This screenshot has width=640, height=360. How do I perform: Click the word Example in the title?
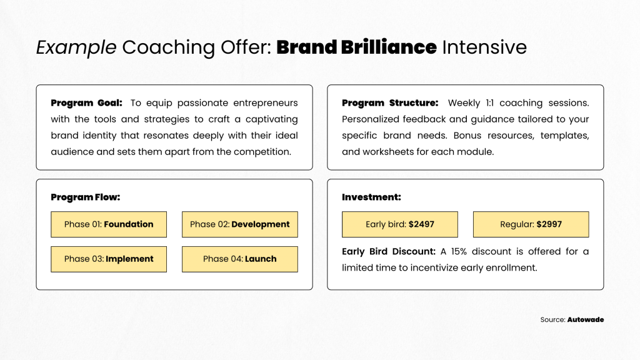click(x=76, y=47)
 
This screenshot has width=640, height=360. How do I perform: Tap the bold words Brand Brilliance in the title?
click(x=356, y=47)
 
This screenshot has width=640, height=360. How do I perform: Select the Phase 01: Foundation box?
click(x=109, y=224)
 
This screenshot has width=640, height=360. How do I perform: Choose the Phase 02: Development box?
click(x=239, y=224)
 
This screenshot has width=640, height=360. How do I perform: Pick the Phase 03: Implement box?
click(x=109, y=259)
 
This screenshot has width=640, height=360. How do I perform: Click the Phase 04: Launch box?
click(x=239, y=259)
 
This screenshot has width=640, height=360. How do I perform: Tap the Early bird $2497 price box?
click(x=399, y=224)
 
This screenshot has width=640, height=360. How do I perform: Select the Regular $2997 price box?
click(x=531, y=224)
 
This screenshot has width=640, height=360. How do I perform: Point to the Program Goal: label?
click(x=86, y=103)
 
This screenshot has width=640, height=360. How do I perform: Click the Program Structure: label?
click(x=390, y=103)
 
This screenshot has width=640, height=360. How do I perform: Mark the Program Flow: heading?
click(x=85, y=197)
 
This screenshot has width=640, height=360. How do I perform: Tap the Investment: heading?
click(x=371, y=197)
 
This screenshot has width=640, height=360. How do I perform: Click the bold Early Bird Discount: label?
click(x=389, y=251)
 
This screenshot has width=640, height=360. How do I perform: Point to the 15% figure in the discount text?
click(x=459, y=251)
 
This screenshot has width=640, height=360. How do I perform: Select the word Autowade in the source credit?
click(x=585, y=319)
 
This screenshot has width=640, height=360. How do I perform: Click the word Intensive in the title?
click(x=484, y=47)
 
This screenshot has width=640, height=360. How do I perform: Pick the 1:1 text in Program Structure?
click(x=489, y=103)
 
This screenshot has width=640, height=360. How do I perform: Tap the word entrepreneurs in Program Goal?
click(x=265, y=103)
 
